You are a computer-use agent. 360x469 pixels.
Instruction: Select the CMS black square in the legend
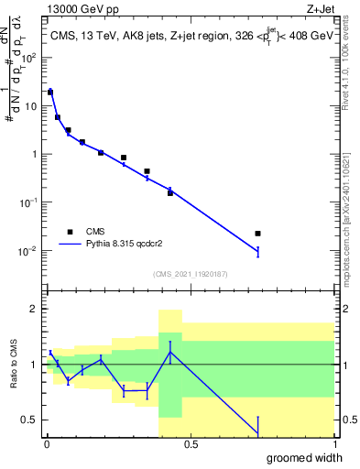pyautogui.click(x=69, y=232)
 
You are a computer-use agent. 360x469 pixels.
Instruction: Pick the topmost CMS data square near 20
pyautogui.click(x=50, y=92)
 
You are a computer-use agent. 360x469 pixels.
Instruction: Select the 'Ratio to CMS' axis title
pyautogui.click(x=14, y=365)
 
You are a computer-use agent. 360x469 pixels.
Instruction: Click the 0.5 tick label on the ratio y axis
pyautogui.click(x=30, y=420)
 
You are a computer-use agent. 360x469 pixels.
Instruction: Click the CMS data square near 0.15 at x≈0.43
pyautogui.click(x=170, y=193)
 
